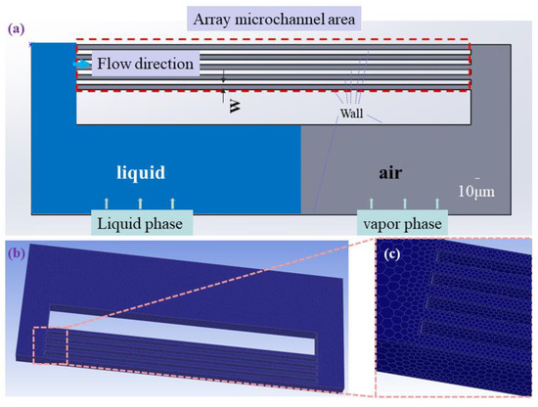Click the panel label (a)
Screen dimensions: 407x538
15,29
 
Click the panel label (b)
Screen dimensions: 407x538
15,253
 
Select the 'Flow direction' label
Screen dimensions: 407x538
147,65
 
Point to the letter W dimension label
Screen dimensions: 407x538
235,104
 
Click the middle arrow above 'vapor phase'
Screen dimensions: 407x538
404,203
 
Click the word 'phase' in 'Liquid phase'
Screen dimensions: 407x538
167,224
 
